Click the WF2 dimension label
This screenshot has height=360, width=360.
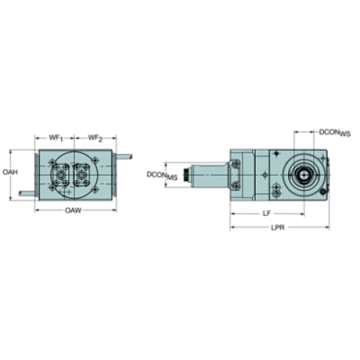coord(93,137)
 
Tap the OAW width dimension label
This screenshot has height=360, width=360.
coord(72,211)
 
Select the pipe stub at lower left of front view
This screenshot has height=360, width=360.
coord(24,192)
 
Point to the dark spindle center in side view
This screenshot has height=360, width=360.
coord(303,175)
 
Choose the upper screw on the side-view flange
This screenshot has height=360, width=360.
coord(273,154)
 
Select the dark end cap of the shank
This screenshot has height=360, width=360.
coord(188,175)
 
